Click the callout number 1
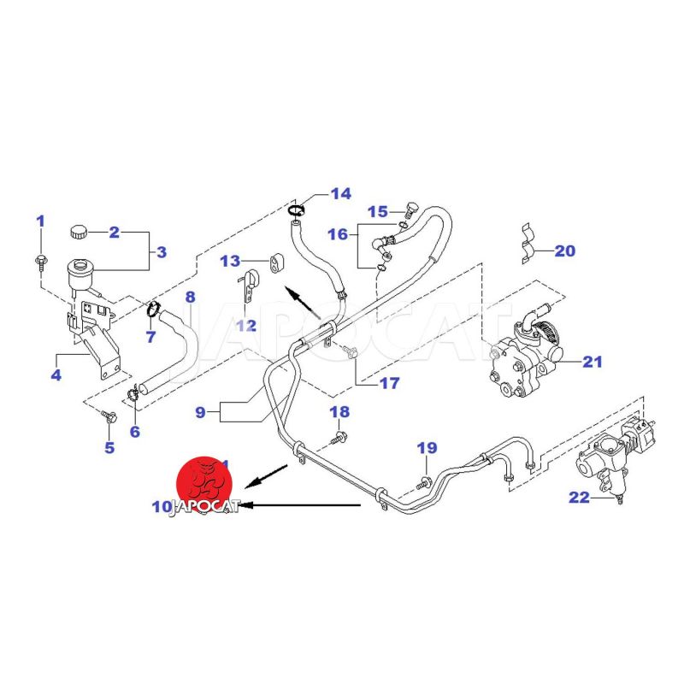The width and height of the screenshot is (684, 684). point(39,221)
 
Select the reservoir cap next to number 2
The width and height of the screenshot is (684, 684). point(80,231)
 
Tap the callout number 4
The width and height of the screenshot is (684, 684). point(56,374)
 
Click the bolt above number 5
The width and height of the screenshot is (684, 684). point(108,416)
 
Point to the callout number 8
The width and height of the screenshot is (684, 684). point(190,298)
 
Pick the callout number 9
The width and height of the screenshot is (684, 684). point(201,412)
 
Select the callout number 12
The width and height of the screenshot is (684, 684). point(246,325)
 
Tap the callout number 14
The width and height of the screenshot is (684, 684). point(340,194)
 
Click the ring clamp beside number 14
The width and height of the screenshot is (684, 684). point(296,209)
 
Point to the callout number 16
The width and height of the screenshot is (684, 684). point(338,233)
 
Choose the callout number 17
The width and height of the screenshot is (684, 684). point(389,383)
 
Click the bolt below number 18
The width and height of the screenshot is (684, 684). point(339,439)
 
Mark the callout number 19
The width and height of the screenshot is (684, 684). point(427,447)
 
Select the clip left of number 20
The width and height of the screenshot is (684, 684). point(528,243)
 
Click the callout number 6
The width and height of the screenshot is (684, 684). point(134,432)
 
